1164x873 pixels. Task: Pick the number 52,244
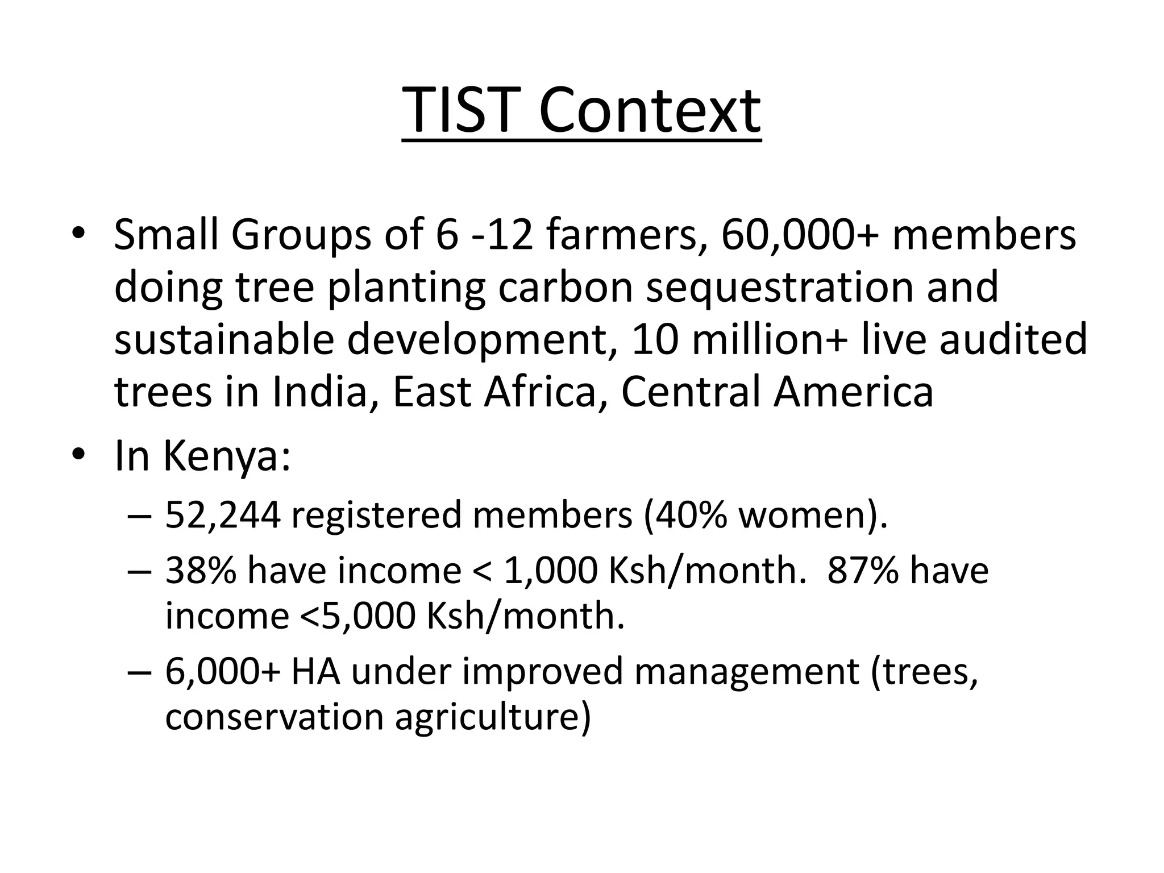[223, 515]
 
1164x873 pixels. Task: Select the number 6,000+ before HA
[223, 671]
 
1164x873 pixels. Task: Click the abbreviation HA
[315, 671]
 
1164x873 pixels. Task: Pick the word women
[807, 515]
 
